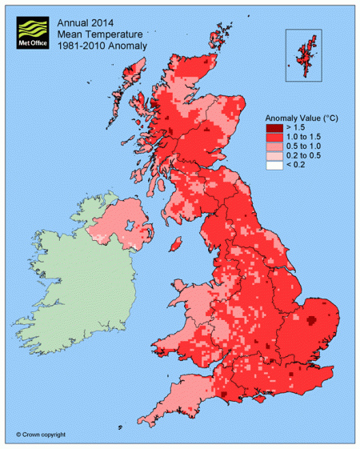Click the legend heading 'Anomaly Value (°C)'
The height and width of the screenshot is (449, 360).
pos(300,118)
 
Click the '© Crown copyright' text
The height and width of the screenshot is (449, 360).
pos(41,435)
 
